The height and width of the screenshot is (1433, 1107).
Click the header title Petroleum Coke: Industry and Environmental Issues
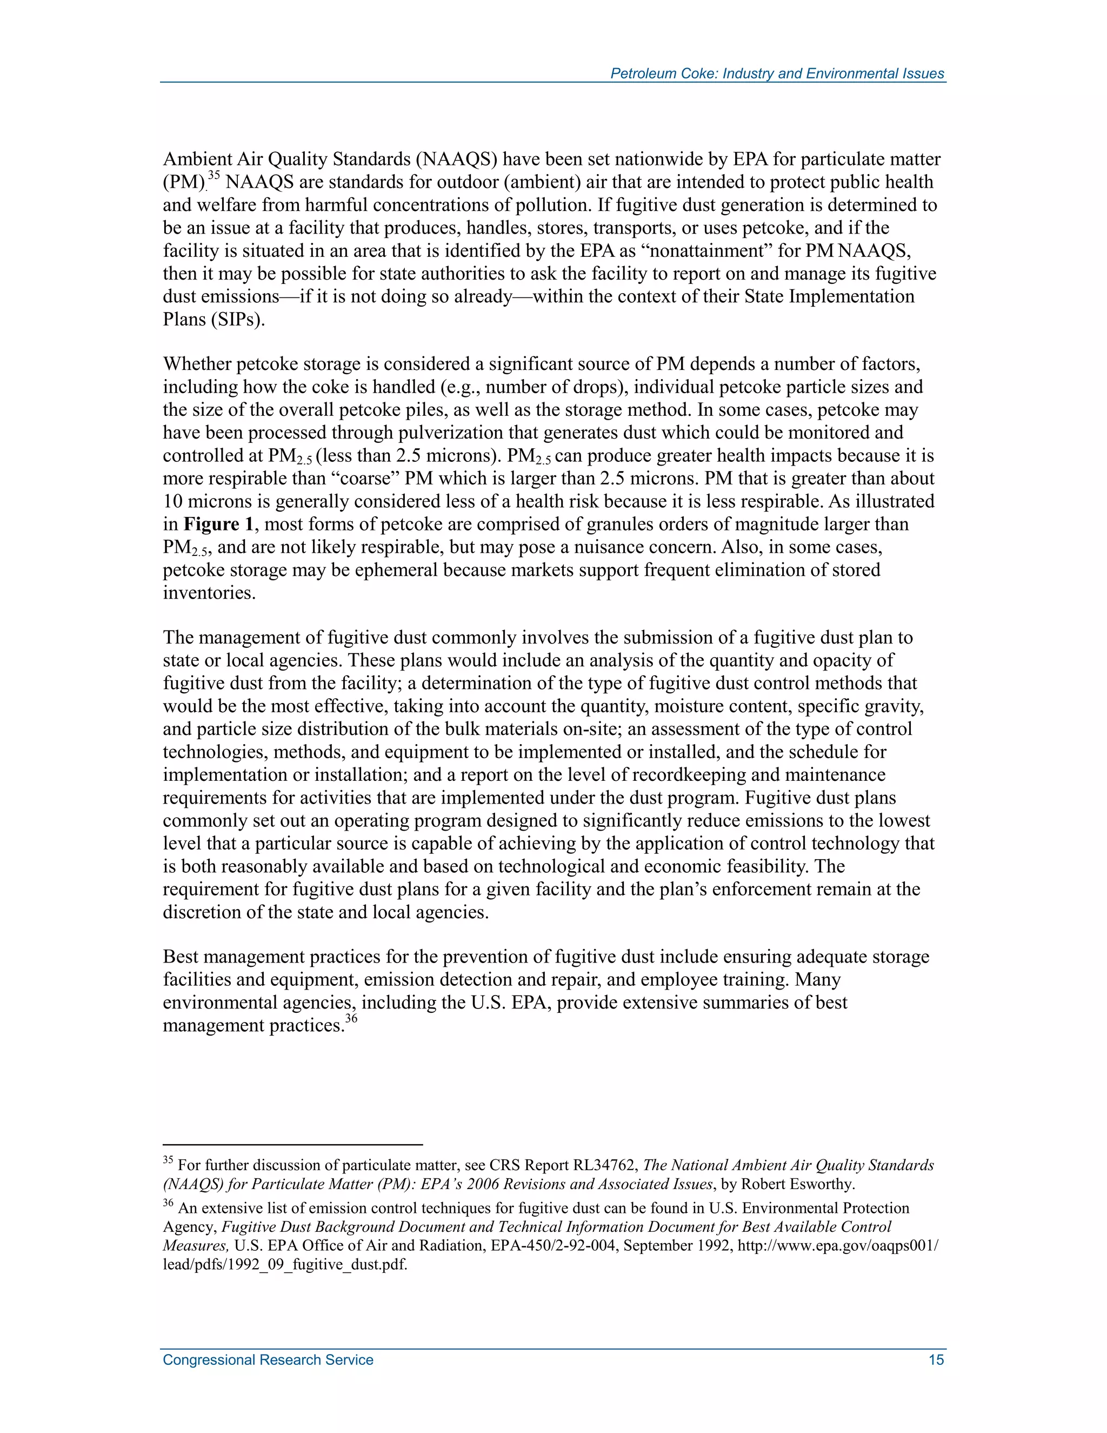[x=777, y=74]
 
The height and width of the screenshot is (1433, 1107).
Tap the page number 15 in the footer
[x=936, y=1359]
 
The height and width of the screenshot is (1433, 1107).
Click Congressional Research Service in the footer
[x=268, y=1359]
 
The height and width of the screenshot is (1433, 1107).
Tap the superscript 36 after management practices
[x=351, y=1018]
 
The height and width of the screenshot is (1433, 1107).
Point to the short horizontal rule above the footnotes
[x=292, y=1144]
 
